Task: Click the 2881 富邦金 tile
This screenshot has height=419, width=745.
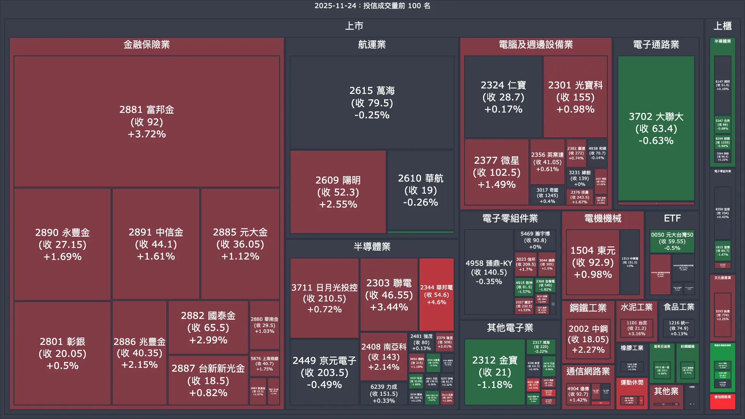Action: tap(147, 121)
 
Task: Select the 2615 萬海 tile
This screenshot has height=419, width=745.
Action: tap(372, 102)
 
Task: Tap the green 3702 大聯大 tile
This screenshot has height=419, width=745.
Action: tap(656, 128)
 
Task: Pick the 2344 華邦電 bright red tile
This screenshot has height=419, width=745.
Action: tap(436, 294)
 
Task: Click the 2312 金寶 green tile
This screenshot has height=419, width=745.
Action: tap(494, 372)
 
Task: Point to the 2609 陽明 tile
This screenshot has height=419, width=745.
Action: tap(338, 192)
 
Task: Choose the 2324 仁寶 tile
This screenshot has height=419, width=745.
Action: tap(503, 97)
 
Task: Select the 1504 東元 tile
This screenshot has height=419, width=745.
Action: tap(593, 262)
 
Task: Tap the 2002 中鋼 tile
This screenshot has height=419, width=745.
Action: tap(588, 339)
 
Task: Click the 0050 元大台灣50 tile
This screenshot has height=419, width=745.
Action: tap(672, 241)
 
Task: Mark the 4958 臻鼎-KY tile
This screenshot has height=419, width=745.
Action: tap(489, 272)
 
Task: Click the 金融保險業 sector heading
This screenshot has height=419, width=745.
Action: tap(147, 45)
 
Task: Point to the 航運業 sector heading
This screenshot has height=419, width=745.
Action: tap(372, 45)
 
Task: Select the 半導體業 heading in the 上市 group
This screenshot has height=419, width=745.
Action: tap(372, 247)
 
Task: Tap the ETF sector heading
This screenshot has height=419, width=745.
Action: tap(672, 218)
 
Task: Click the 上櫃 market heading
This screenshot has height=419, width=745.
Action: tap(722, 26)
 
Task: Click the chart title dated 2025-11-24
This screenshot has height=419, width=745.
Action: tap(372, 6)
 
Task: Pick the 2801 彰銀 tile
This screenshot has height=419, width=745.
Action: tap(62, 353)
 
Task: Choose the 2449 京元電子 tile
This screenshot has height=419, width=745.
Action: tap(324, 372)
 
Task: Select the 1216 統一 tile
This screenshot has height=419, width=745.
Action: tap(679, 328)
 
